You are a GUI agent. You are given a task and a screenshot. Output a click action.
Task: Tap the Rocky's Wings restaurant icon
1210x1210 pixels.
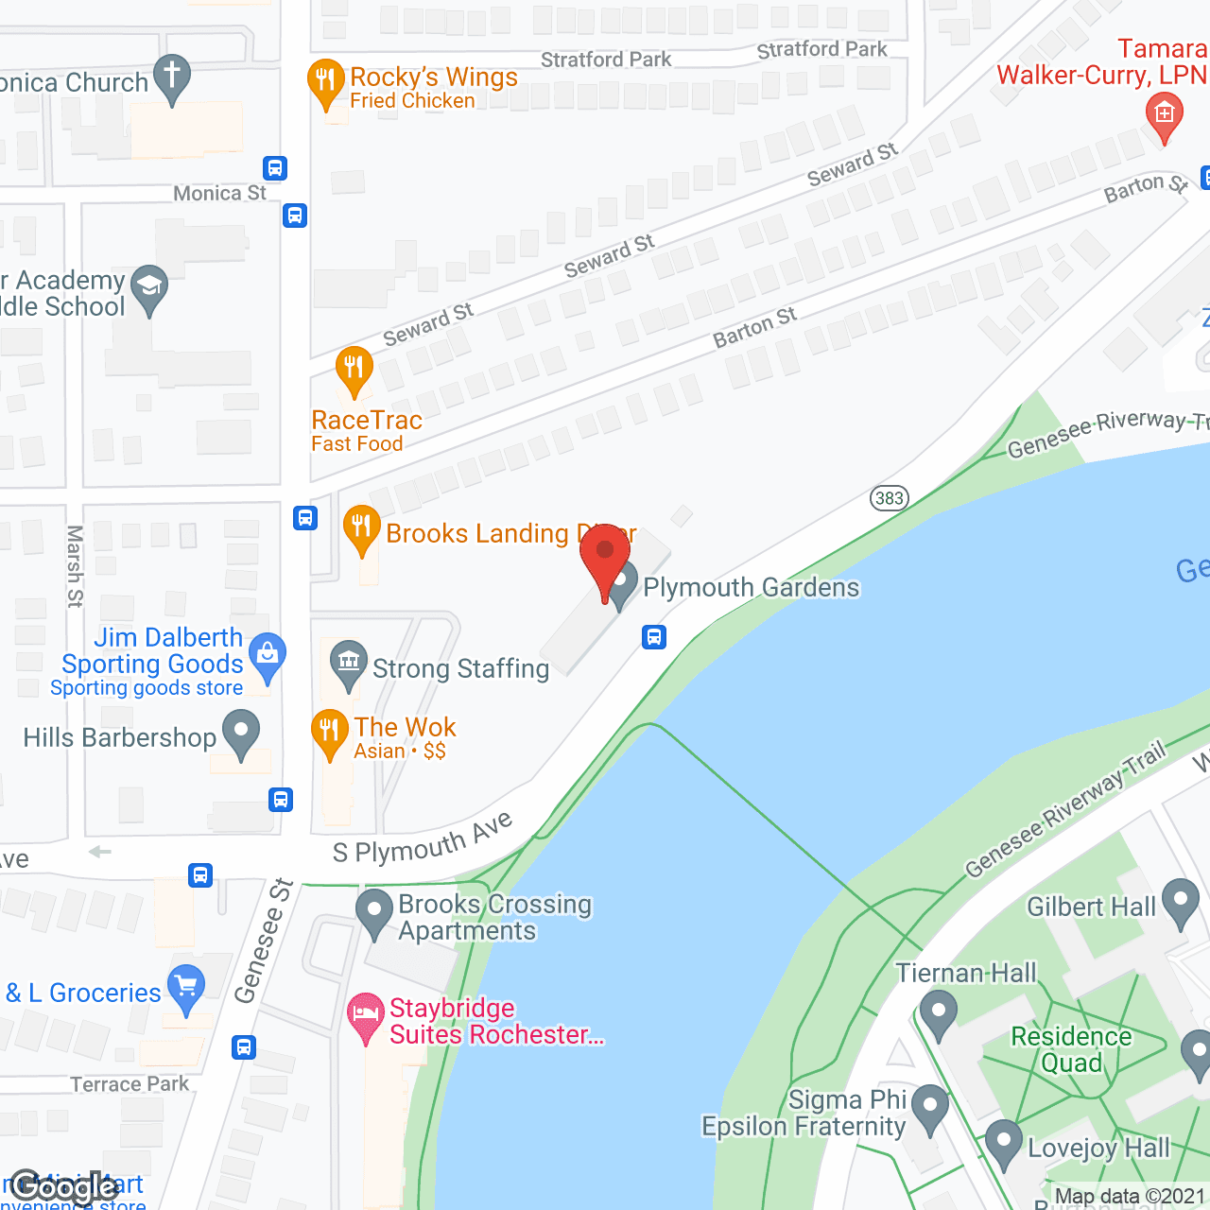325,83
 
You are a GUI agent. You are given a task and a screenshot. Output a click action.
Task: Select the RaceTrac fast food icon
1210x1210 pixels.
354,370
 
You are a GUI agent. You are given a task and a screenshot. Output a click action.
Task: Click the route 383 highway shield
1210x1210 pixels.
889,498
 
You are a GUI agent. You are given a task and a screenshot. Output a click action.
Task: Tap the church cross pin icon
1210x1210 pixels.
172,78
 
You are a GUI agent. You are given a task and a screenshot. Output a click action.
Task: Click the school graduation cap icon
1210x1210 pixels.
149,287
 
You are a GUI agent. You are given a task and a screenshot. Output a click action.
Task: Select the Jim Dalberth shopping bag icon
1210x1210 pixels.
268,655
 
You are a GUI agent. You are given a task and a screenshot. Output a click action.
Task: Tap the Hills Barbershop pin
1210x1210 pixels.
241,733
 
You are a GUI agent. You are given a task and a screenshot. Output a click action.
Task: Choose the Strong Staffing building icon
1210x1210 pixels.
349,663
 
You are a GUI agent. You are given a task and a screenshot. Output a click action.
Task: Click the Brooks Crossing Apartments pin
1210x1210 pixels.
374,912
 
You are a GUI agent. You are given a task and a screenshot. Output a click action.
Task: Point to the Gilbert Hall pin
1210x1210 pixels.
1180,901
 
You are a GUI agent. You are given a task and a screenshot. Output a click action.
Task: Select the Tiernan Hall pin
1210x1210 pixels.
939,1012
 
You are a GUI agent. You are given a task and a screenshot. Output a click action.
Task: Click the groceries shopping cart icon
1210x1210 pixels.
186,987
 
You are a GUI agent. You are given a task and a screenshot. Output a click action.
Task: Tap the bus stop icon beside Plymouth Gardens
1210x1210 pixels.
654,637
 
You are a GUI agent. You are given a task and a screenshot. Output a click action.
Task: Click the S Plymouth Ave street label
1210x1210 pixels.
423,839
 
